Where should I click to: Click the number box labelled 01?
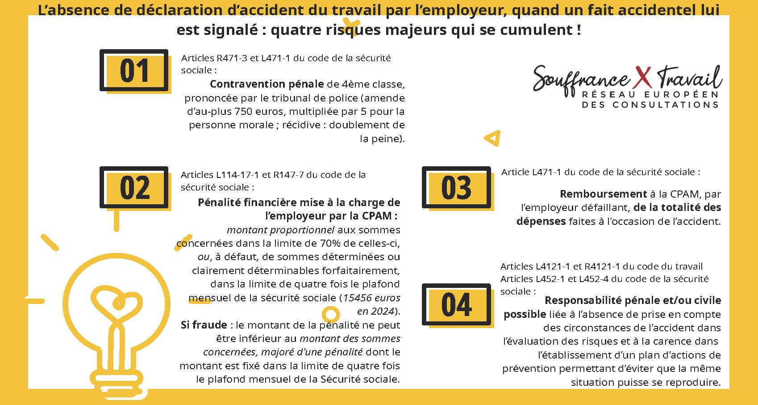pyautogui.click(x=134, y=71)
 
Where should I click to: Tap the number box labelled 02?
pyautogui.click(x=134, y=188)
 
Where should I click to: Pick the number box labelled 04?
pyautogui.click(x=456, y=305)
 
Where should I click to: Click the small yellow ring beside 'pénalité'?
pyautogui.click(x=330, y=314)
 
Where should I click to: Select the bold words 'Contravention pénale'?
pyautogui.click(x=267, y=84)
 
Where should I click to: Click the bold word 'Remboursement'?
pyautogui.click(x=603, y=194)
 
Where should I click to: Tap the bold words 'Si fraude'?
pyautogui.click(x=204, y=325)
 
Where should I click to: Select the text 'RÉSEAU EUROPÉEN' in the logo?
pyautogui.click(x=650, y=95)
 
